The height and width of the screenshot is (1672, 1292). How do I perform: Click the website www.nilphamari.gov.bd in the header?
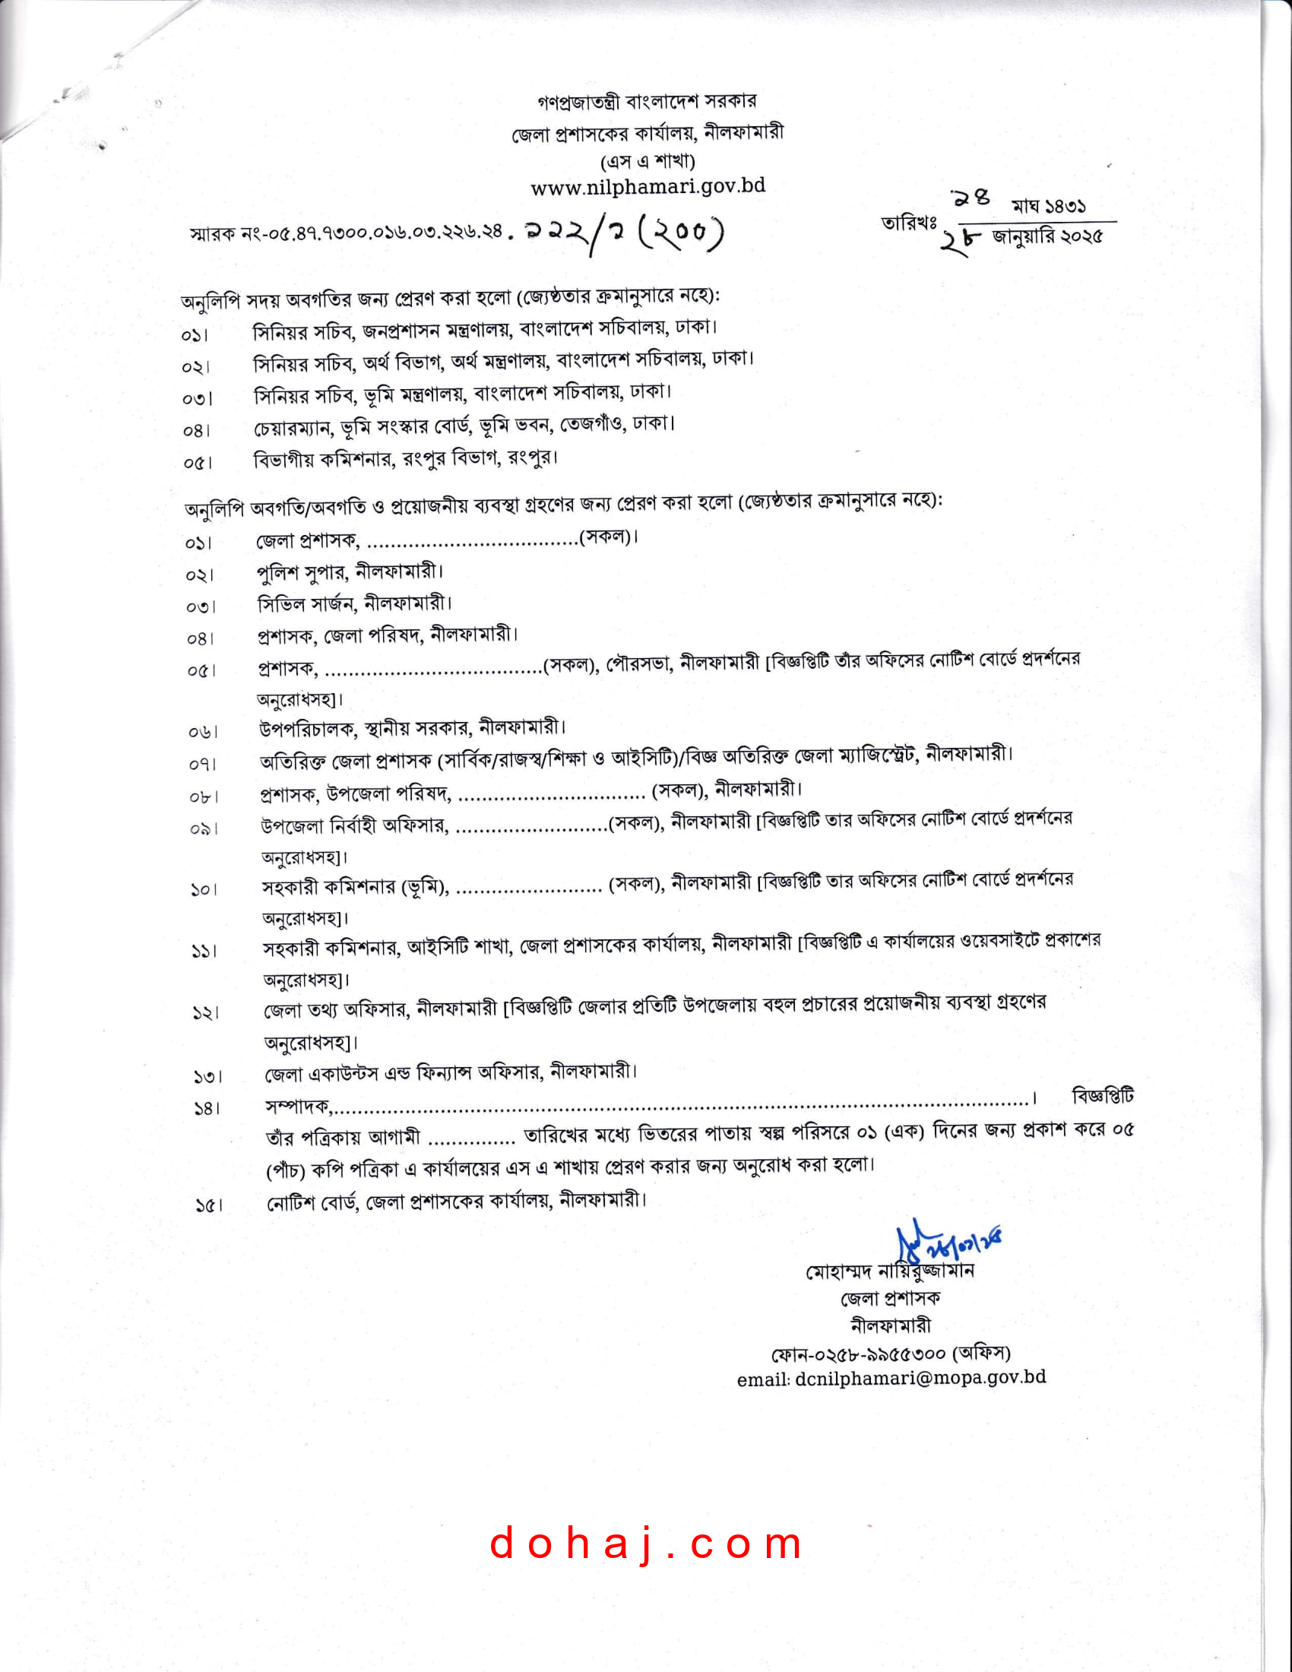(x=648, y=187)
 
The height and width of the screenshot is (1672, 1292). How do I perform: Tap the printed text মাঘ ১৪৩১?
(x=1048, y=206)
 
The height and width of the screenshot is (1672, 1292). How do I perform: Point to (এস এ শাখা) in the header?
(x=648, y=161)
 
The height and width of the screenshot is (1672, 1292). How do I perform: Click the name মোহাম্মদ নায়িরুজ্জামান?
(x=889, y=1271)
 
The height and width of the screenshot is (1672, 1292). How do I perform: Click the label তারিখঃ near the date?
(x=908, y=223)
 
